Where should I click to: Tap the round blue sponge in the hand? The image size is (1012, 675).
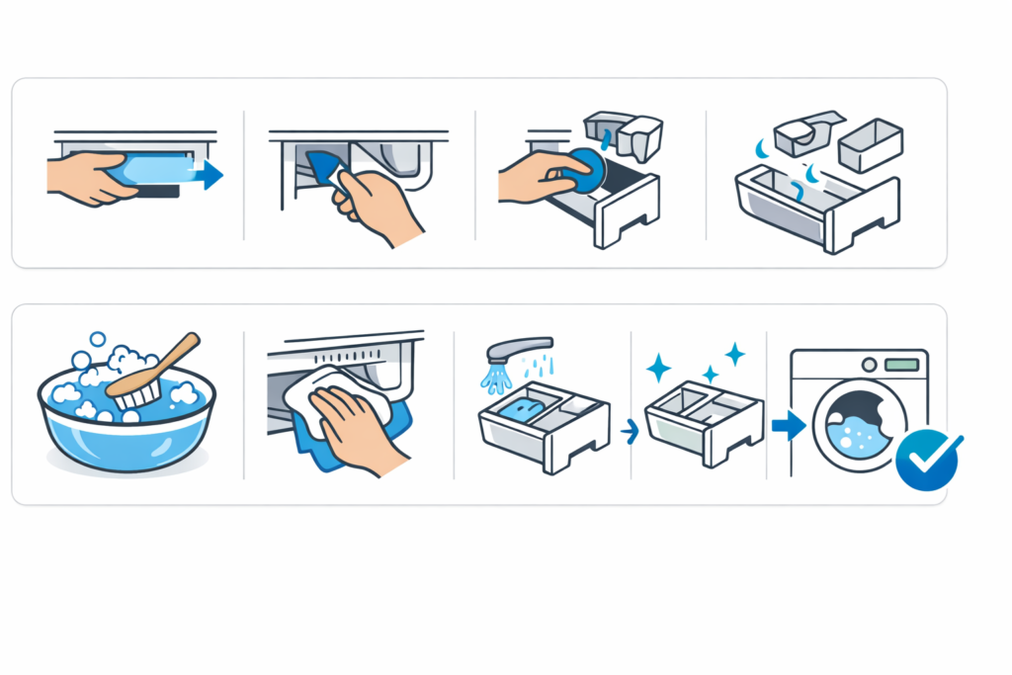tap(585, 171)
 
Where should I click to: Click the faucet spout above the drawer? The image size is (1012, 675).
tap(518, 349)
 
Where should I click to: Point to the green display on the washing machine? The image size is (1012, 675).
tap(900, 364)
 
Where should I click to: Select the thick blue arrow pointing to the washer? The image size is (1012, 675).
tap(787, 426)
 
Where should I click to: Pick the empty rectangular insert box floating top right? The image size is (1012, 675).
tap(870, 143)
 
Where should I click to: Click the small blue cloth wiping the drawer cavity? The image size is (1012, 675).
tap(321, 168)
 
